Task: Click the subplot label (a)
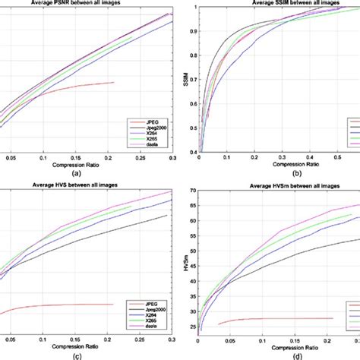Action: pyautogui.click(x=85, y=173)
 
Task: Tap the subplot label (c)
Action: pyautogui.click(x=85, y=353)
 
